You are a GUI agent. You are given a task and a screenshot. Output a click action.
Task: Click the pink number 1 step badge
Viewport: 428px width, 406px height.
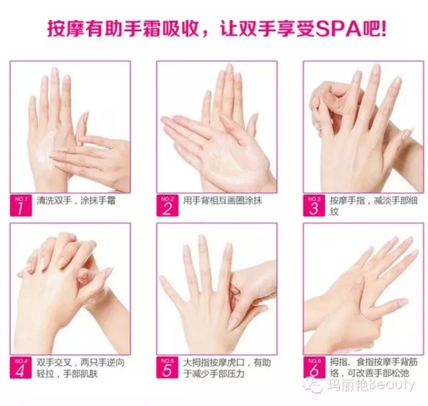point(21,206)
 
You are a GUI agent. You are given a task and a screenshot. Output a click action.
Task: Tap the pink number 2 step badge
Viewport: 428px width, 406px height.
point(167,206)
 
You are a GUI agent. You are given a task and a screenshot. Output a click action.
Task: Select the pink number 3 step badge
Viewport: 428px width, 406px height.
point(314,206)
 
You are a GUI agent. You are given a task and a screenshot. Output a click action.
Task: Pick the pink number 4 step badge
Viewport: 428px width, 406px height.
point(21,367)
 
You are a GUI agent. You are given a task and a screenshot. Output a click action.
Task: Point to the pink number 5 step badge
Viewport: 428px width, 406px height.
point(167,367)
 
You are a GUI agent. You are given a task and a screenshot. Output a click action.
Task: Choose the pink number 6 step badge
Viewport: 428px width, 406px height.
point(314,367)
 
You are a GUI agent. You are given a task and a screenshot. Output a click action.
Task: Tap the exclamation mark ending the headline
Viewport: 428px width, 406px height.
point(383,29)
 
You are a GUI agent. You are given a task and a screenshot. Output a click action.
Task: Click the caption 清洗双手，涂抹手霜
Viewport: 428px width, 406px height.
point(76,200)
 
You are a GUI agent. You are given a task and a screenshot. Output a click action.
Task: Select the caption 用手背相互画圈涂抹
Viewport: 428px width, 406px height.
point(223,200)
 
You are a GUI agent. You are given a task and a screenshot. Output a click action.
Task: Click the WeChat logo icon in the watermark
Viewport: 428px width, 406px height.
point(314,385)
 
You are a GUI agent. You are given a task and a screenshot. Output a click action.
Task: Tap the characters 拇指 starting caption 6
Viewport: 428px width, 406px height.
point(338,362)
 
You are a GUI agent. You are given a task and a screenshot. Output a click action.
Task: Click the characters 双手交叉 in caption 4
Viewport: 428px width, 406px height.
point(54,363)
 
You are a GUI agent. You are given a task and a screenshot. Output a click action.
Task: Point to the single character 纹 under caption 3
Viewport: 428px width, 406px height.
point(334,212)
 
